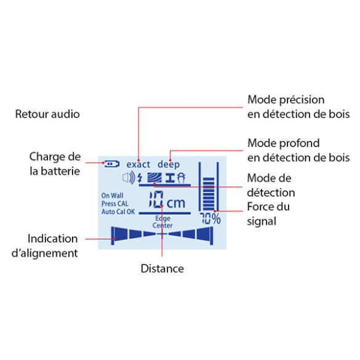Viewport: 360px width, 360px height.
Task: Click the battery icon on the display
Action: coord(112,164)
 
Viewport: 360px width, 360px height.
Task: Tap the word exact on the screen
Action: coord(138,164)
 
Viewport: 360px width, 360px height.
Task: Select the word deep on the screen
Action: coord(169,165)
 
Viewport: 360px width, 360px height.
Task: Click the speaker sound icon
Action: coord(129,178)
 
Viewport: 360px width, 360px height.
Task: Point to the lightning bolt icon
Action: coord(140,178)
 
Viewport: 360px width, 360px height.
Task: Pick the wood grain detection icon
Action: coord(154,177)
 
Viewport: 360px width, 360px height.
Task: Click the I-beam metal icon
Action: coord(170,178)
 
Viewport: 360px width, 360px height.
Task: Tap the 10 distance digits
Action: coord(156,200)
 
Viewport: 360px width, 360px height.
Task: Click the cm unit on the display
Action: coord(176,203)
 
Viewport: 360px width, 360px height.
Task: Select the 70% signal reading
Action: coord(210,218)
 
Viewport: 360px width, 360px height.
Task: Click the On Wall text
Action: coord(112,196)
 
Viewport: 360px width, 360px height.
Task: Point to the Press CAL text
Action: coord(115,204)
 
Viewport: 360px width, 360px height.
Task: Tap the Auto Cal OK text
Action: coord(118,212)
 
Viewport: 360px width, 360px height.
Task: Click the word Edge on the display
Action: coord(163,218)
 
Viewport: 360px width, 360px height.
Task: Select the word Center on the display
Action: coord(162,225)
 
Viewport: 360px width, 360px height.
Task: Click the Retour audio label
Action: coord(47,114)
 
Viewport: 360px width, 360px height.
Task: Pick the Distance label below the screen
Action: coord(162,269)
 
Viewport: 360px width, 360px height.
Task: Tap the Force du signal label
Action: coord(268,214)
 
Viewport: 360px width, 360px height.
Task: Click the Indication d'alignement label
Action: coord(45,246)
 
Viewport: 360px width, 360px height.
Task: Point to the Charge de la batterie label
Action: coord(55,164)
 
